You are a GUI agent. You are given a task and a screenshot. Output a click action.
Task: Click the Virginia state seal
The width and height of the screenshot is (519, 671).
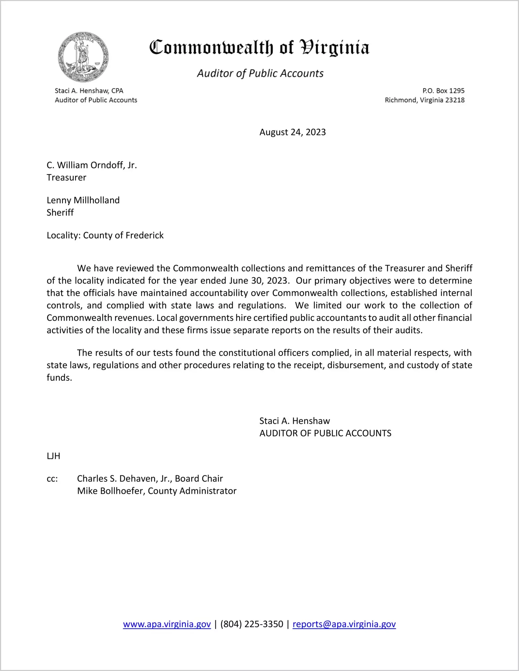click(83, 57)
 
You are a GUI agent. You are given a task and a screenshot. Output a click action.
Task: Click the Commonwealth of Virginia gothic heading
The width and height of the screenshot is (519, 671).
click(259, 48)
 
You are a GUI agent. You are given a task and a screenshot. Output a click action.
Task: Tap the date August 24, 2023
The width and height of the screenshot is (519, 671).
click(293, 132)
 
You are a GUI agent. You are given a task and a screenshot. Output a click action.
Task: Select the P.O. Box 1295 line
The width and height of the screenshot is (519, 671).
click(443, 91)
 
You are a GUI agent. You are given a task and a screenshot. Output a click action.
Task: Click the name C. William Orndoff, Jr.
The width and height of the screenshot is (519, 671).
click(92, 165)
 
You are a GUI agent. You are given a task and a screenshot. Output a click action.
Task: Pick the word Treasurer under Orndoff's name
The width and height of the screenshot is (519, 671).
click(66, 178)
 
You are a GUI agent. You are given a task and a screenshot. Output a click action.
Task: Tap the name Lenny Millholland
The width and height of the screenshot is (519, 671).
click(83, 200)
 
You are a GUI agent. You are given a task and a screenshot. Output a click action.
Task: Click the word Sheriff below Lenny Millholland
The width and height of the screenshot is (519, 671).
click(60, 213)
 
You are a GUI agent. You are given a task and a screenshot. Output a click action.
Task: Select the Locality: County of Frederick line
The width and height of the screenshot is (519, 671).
click(105, 236)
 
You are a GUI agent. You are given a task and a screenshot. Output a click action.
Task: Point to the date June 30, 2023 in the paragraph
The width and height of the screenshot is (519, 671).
click(258, 281)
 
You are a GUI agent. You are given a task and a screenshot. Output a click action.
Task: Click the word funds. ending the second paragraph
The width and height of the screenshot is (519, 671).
click(59, 378)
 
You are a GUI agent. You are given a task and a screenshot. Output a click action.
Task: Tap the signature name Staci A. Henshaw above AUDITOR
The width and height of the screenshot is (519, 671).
click(295, 421)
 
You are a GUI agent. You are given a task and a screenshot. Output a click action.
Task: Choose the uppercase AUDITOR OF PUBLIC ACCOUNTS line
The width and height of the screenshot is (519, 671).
click(325, 433)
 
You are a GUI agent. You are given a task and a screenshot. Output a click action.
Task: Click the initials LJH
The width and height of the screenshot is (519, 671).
click(53, 456)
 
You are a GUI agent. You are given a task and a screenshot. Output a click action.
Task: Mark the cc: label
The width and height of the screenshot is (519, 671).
click(52, 479)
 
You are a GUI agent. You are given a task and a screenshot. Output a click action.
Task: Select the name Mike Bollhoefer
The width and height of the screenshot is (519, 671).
click(110, 491)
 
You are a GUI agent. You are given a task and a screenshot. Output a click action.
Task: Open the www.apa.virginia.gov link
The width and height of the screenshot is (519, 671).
click(167, 624)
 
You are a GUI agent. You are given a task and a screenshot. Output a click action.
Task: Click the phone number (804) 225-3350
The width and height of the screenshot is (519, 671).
click(252, 624)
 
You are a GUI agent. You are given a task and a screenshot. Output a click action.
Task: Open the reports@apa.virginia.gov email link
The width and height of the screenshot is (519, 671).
click(344, 624)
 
